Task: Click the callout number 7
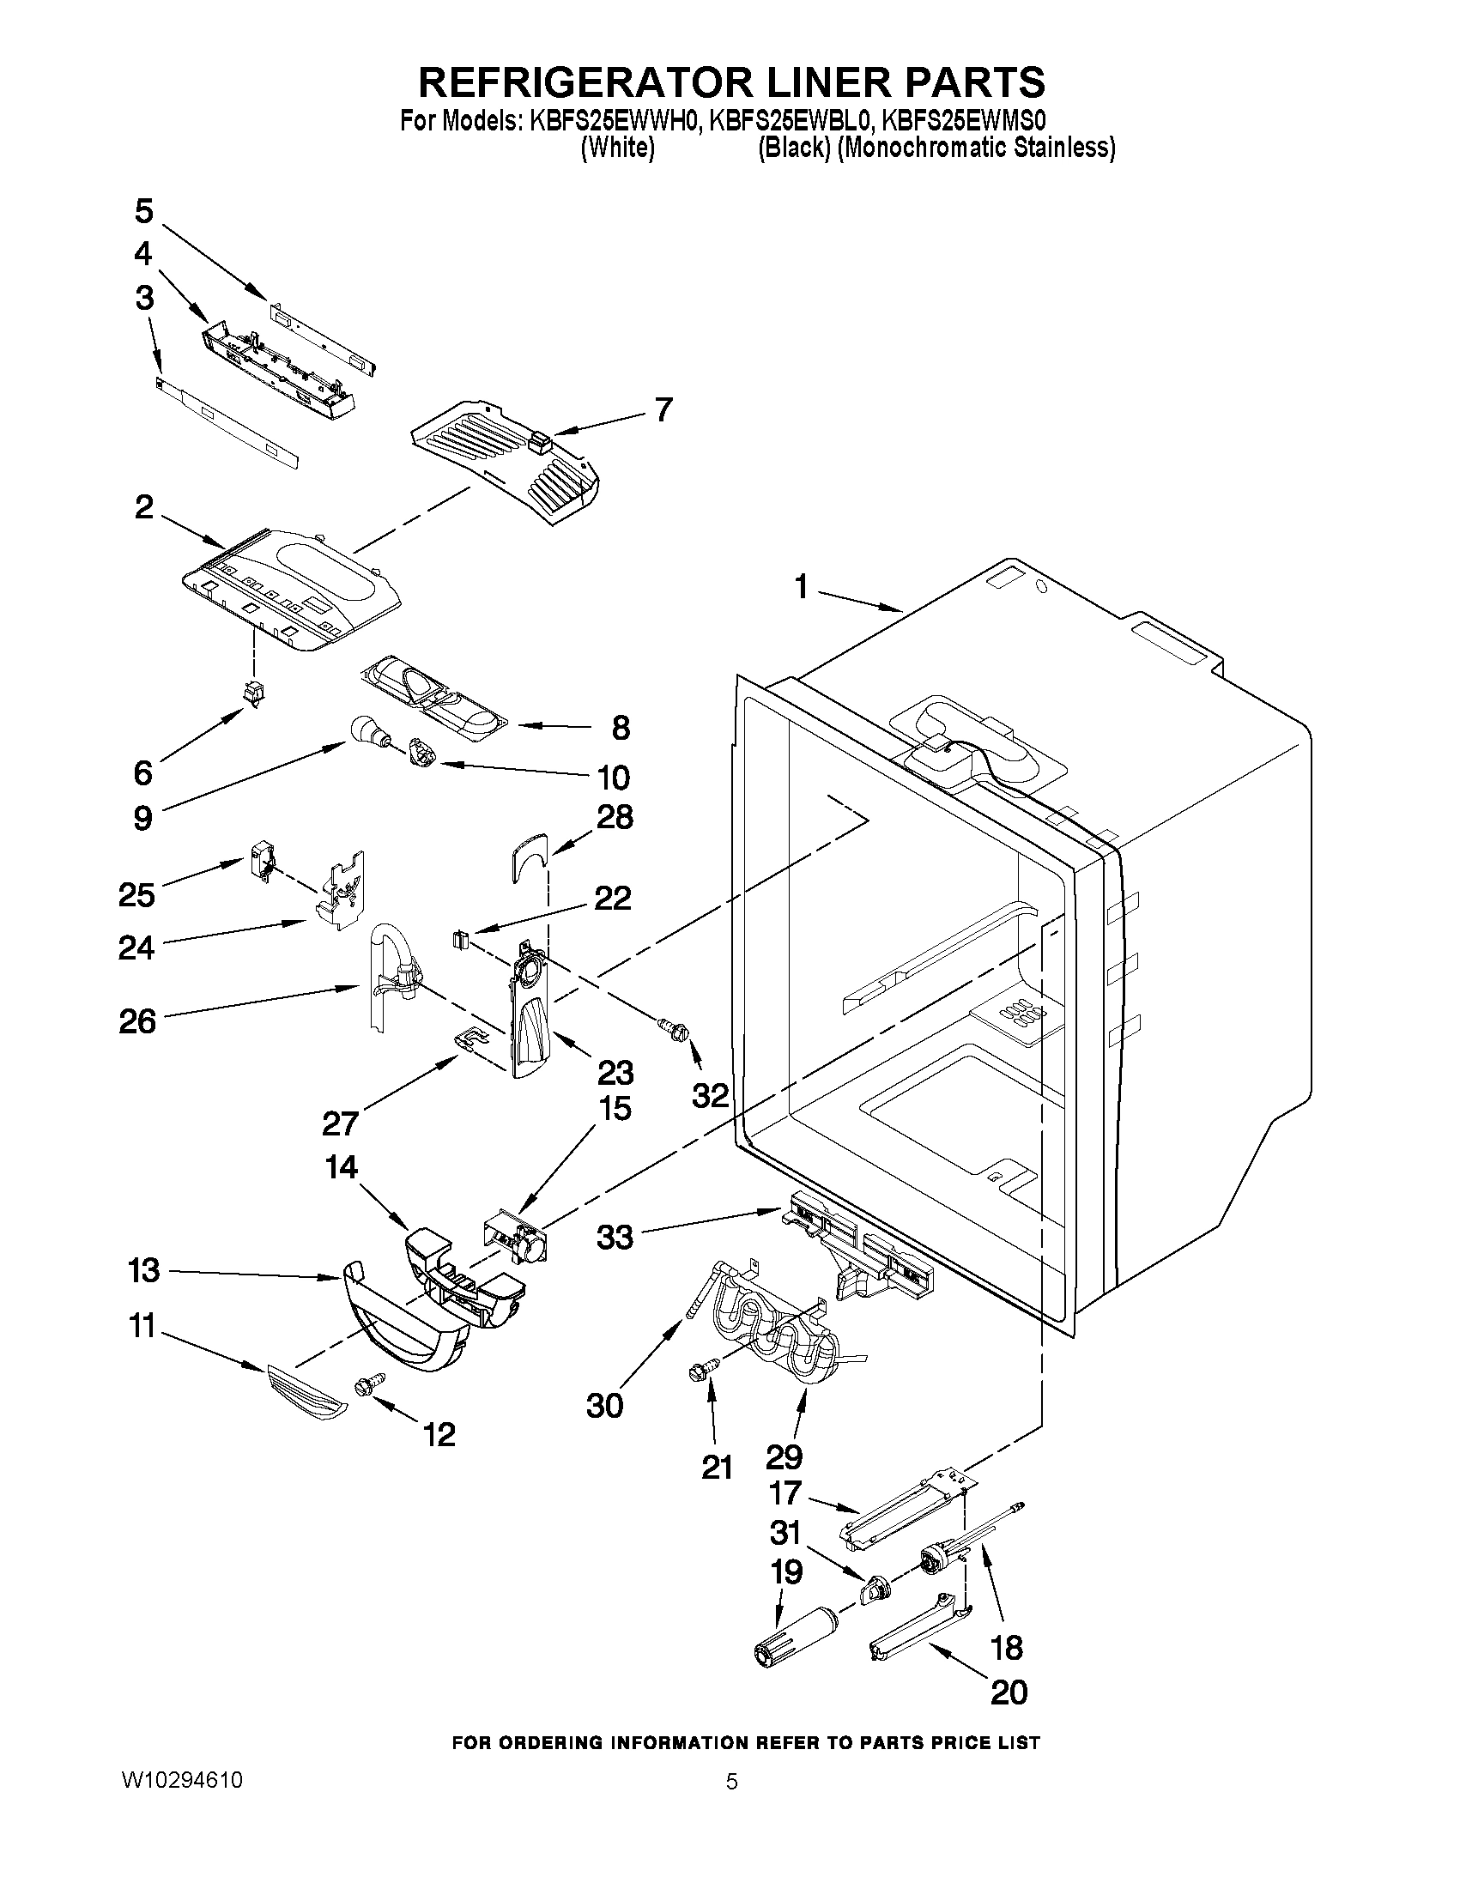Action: click(663, 409)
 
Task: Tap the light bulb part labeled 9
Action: click(366, 733)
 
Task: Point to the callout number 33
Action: click(615, 1238)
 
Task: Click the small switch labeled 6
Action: click(253, 693)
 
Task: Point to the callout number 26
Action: click(138, 1021)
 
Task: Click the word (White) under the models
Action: click(616, 148)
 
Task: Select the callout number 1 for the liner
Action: click(802, 588)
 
